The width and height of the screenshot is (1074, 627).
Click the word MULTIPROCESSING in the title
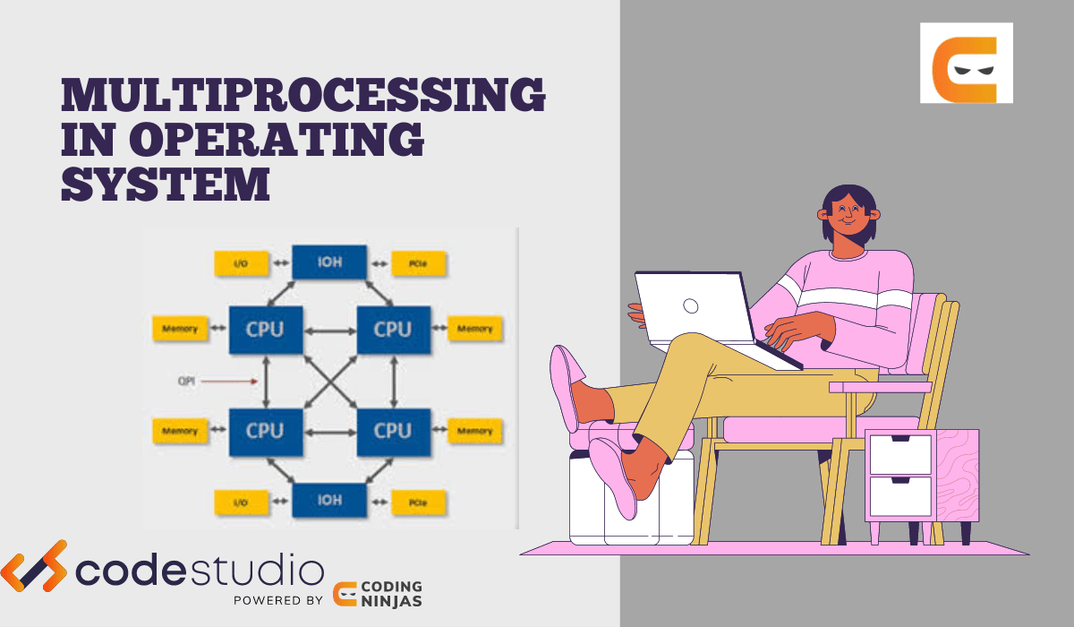[303, 96]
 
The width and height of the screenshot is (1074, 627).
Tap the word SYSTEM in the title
[166, 184]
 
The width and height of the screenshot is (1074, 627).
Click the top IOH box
[330, 263]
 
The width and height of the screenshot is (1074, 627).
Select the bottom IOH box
[330, 500]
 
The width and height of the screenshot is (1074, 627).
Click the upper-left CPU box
[265, 329]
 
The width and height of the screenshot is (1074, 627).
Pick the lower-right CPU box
[393, 431]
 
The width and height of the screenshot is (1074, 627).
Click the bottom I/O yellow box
[242, 502]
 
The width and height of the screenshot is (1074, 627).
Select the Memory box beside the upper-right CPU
[474, 329]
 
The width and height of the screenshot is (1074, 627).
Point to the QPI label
[186, 381]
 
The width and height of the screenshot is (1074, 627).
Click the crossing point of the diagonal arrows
[328, 380]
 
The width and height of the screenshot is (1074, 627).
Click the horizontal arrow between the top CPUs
[329, 331]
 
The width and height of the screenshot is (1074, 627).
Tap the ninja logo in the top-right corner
[966, 63]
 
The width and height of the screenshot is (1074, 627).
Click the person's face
[845, 216]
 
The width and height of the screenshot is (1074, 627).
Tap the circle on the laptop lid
[690, 305]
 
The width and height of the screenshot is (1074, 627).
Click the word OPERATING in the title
[277, 140]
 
